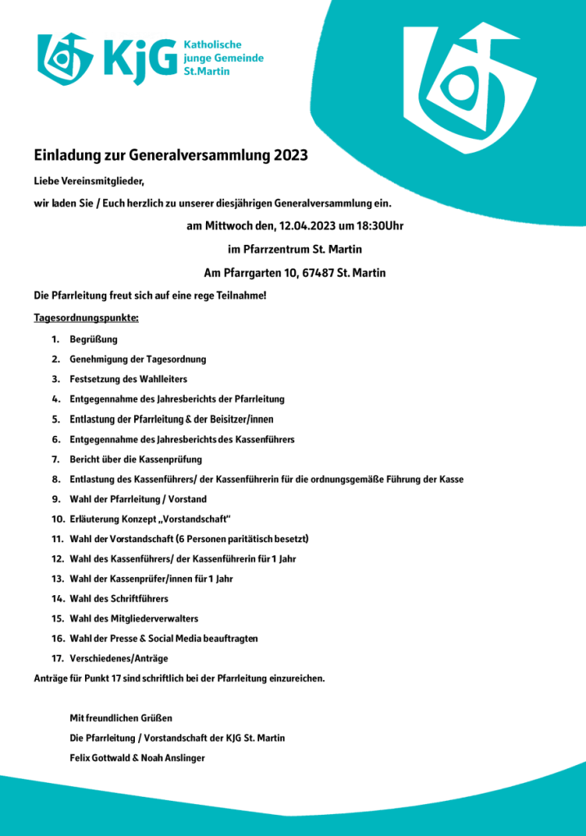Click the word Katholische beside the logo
(212, 45)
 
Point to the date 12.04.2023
(306, 225)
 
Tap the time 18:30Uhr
(377, 225)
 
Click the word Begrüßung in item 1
(94, 339)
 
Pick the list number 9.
(56, 499)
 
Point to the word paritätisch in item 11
(244, 539)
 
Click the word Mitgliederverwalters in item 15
(150, 618)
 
